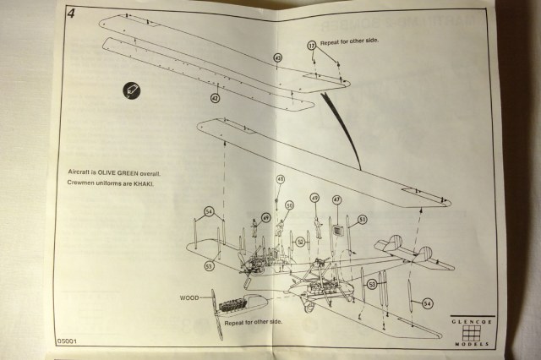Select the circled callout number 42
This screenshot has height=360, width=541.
tap(215, 98)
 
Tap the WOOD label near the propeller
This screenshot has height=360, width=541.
tap(190, 298)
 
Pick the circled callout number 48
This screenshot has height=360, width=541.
tap(281, 179)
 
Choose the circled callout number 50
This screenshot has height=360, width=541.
tap(289, 205)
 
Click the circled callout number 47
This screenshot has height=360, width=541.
tap(336, 200)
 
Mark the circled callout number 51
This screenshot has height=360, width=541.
tap(362, 219)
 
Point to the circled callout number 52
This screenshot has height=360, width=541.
tap(300, 241)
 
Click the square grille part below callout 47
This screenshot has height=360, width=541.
tap(337, 230)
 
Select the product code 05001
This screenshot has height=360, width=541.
tap(68, 341)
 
